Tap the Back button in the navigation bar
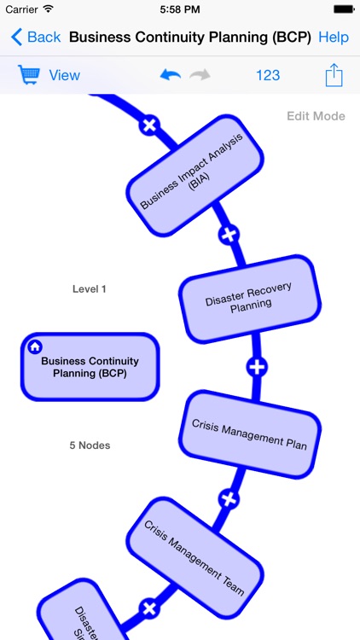[x=36, y=38]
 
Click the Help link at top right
[x=334, y=38]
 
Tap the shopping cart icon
[x=29, y=75]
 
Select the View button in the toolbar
[x=64, y=75]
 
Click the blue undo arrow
[x=171, y=75]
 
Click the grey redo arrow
[x=200, y=75]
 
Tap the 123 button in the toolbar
[x=268, y=75]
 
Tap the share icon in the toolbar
[x=334, y=75]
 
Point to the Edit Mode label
[x=316, y=116]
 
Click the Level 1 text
[x=90, y=289]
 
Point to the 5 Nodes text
[x=90, y=445]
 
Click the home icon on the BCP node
[x=35, y=346]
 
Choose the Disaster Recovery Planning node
[x=249, y=298]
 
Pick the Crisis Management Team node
[x=194, y=558]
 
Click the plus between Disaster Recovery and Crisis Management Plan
[x=257, y=367]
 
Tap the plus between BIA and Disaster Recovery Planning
[x=229, y=234]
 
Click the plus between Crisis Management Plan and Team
[x=229, y=499]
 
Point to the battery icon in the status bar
[x=342, y=9]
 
